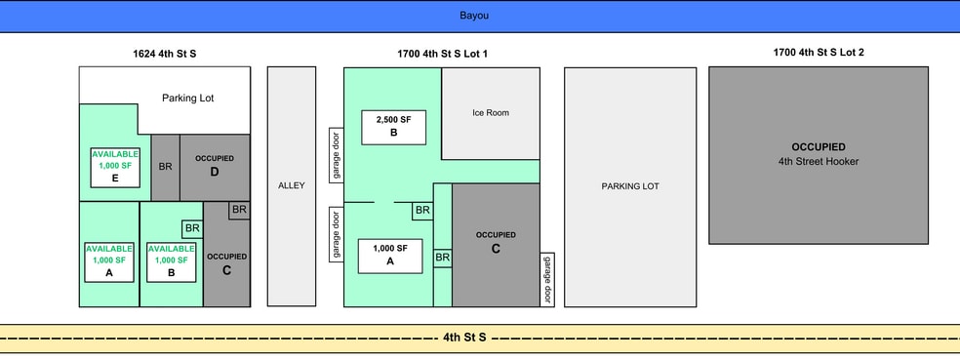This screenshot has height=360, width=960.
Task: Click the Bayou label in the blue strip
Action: point(474,16)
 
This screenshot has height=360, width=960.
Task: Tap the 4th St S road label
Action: point(464,338)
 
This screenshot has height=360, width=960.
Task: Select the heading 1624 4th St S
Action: point(165,54)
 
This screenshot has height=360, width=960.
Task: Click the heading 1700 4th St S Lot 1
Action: point(442,54)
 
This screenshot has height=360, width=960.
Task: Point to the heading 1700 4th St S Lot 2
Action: point(819,53)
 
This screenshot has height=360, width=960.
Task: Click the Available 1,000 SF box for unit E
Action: point(115,167)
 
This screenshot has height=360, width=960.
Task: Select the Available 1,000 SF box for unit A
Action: point(109,262)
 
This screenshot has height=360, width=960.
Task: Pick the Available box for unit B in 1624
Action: point(171,262)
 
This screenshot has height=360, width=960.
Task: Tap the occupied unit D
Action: point(215,167)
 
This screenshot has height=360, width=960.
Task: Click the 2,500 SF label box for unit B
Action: point(394,128)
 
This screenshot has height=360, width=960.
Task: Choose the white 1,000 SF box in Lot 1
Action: point(390,256)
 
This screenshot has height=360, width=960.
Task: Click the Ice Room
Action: point(491,113)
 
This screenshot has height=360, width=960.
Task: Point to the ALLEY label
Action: point(292,185)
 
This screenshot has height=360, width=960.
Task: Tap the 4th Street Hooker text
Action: point(819,162)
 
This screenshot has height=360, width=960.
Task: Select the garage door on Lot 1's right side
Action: point(547,279)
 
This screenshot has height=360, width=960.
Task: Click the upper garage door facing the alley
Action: point(337,155)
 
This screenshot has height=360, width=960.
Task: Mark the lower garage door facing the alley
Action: point(337,234)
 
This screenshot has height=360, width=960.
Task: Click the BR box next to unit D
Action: point(165,167)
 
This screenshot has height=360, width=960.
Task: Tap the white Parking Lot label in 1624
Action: point(188,98)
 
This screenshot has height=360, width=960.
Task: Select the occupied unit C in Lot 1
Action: point(496,244)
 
